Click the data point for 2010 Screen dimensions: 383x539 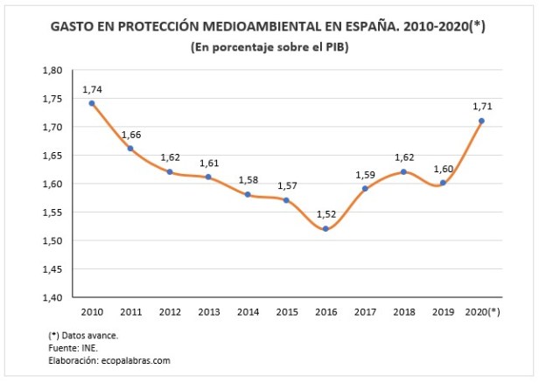tap(92, 103)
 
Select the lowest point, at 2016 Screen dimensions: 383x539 tap(325, 229)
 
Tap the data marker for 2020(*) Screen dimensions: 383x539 tap(481, 121)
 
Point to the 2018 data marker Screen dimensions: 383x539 tap(403, 171)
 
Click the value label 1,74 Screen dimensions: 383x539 tap(92, 89)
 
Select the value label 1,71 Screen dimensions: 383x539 tap(481, 106)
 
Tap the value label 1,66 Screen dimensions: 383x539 tap(130, 135)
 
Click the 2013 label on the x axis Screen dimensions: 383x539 tap(208, 310)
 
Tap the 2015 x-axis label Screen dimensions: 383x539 tap(286, 310)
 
